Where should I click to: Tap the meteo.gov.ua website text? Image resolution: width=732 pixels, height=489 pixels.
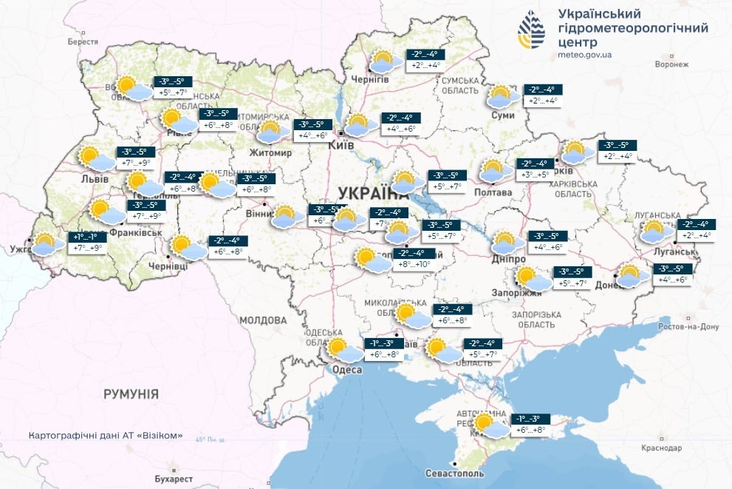click(586, 54)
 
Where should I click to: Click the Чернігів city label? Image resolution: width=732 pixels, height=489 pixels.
click(370, 80)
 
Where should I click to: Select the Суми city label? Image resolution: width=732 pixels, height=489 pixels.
click(502, 116)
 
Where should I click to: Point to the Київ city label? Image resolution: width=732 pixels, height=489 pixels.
click(341, 146)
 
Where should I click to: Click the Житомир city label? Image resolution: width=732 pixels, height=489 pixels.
click(273, 152)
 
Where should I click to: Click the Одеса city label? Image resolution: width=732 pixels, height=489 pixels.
click(347, 370)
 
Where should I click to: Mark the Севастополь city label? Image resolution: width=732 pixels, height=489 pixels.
click(455, 473)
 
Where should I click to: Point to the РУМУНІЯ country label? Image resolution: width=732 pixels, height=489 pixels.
click(131, 394)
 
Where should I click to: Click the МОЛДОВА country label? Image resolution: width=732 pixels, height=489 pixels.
click(262, 320)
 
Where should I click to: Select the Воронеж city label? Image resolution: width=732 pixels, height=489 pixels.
click(672, 64)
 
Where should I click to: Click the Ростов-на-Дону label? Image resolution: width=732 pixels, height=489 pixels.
click(669, 326)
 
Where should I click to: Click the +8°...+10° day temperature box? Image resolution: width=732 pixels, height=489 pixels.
click(413, 264)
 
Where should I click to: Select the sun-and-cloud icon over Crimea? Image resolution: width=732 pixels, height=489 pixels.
click(489, 425)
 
